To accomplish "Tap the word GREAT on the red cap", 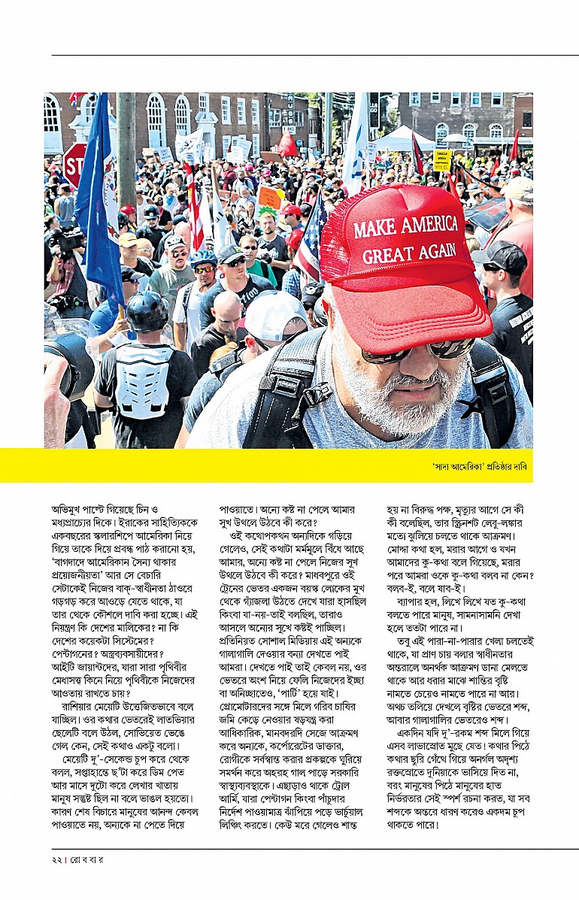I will (x=387, y=254).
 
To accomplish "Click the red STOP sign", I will (x=74, y=165).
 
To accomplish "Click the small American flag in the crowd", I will (x=311, y=234).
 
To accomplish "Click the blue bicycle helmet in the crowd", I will (x=202, y=259).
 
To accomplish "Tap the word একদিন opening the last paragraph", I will (x=414, y=733).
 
